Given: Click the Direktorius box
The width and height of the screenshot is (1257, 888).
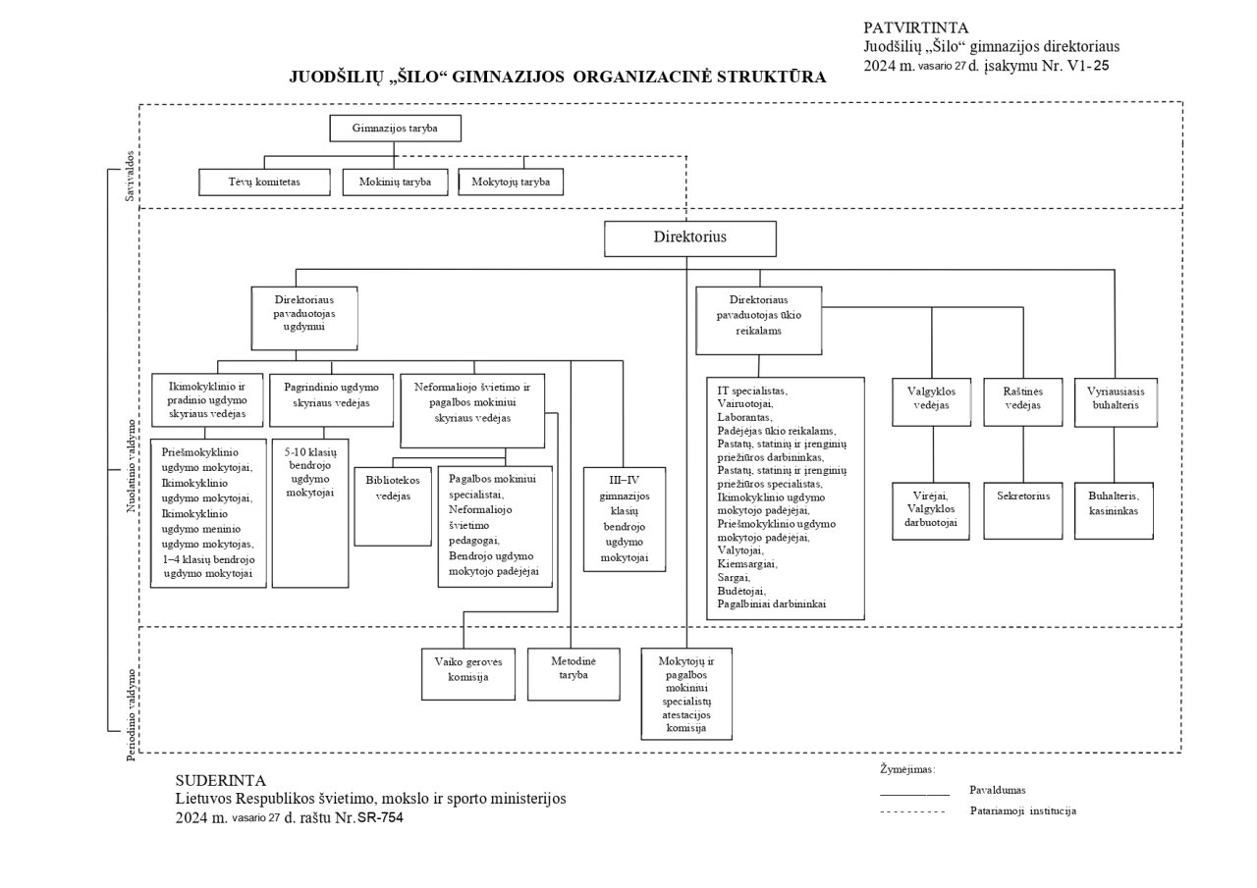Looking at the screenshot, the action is point(690,238).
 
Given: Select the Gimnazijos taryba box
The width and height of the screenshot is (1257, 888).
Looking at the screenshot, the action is point(395,129).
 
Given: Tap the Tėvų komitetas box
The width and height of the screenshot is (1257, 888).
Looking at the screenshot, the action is point(264,183).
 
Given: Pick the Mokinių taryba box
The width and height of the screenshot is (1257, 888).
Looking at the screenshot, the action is point(395,183).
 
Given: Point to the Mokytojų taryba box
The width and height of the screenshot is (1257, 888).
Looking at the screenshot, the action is point(511,183).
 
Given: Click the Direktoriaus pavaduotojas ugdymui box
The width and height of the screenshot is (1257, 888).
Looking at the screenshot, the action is point(304,319).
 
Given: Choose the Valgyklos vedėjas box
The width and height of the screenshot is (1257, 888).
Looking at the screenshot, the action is point(932,402).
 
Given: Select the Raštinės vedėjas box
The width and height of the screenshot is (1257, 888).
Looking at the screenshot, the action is point(1023,402).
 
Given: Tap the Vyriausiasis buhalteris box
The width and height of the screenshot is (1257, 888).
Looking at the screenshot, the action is point(1116,402).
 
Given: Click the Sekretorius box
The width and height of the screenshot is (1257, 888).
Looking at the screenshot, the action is point(1023,510).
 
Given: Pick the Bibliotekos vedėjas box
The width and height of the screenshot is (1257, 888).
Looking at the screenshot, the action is point(393,506).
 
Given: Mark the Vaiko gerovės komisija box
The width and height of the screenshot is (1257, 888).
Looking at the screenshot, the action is point(468,674).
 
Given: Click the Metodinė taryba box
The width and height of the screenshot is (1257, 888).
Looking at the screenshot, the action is point(574,674).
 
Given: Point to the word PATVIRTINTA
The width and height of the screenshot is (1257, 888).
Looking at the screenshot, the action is point(916,28).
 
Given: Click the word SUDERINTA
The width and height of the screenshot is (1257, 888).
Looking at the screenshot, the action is point(221,780).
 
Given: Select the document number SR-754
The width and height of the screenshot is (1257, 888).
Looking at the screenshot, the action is point(380,817).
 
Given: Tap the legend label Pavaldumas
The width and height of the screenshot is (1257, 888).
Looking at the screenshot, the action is point(997,791).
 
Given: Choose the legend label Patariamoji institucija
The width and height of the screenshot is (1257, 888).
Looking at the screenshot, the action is point(1023,811).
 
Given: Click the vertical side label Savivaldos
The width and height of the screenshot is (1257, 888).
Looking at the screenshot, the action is point(130,176).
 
